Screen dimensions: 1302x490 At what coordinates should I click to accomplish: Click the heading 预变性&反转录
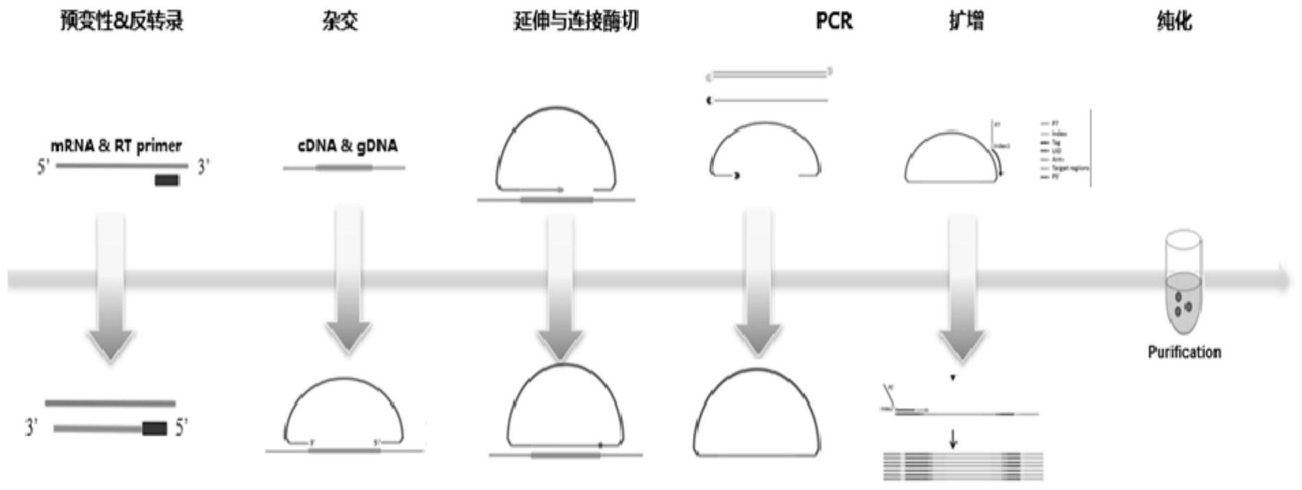coord(122,21)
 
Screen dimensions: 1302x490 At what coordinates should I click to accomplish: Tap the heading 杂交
coord(340,21)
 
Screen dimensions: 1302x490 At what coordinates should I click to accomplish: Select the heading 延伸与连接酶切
coord(576,21)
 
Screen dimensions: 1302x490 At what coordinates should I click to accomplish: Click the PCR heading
coord(834,21)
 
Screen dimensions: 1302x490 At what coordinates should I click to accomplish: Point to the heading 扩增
coord(966,21)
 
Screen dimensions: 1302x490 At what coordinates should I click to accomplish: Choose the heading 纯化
coord(1174,21)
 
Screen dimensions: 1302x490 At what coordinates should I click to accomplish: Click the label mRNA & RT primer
coord(116,145)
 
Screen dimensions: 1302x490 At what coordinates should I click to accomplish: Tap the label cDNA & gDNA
coord(347,145)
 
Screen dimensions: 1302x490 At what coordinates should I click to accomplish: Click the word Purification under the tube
coord(1184,352)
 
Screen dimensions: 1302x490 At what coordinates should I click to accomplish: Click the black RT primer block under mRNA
coord(167,181)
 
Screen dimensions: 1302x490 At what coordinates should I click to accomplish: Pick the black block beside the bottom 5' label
coord(154,429)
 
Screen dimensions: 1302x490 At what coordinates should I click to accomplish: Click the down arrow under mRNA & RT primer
coord(111,287)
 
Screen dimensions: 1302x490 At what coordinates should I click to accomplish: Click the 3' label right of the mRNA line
coord(203,167)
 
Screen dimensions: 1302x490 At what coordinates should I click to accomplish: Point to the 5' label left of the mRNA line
coord(43,167)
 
